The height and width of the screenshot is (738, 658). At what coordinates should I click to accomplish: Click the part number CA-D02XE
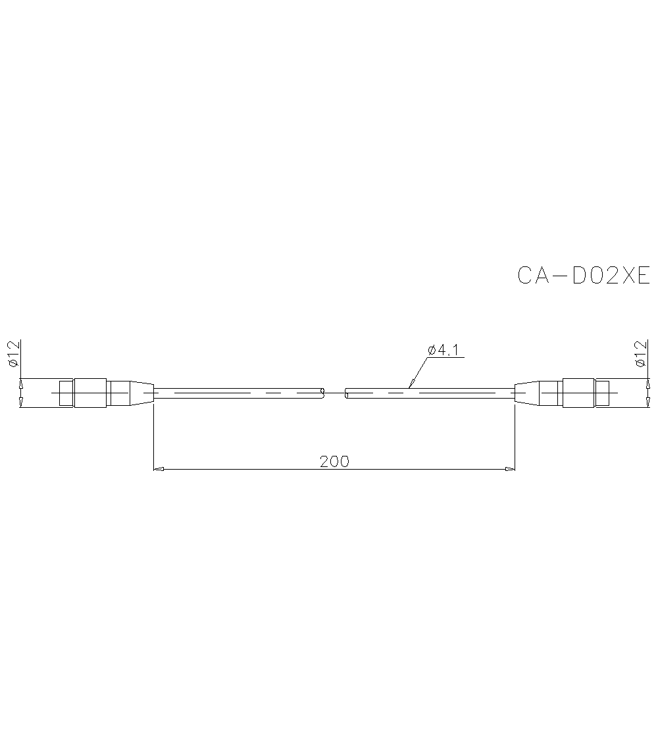(583, 275)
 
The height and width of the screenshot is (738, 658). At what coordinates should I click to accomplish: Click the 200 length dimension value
(334, 461)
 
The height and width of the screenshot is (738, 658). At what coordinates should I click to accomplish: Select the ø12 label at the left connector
(14, 354)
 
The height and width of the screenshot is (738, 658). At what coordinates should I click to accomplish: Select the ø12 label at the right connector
(640, 354)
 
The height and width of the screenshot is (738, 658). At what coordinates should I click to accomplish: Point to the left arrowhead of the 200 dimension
(158, 469)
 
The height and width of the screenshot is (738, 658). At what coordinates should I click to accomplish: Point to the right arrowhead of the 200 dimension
(509, 469)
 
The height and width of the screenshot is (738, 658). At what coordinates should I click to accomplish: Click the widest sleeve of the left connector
(90, 393)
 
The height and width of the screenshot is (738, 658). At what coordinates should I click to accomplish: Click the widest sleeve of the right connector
(578, 393)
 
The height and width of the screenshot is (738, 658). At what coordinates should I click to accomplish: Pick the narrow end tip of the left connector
(66, 393)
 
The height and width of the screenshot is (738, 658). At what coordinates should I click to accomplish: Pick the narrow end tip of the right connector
(602, 393)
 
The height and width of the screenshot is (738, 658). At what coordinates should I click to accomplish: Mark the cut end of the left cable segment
(322, 393)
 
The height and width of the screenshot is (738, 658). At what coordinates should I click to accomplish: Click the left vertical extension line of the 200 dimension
(153, 434)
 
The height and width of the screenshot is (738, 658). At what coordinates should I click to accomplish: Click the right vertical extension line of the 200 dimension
(515, 434)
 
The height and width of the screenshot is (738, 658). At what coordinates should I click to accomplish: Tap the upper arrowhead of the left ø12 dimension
(20, 383)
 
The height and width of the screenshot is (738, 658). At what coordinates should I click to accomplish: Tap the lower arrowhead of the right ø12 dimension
(648, 403)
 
